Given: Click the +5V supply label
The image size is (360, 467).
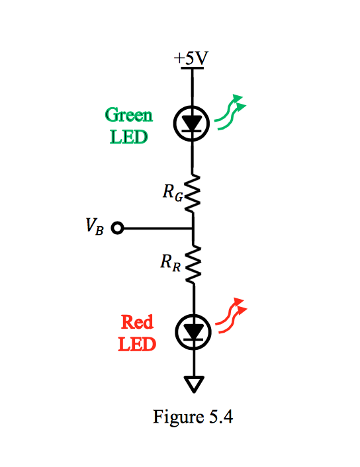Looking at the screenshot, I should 191,59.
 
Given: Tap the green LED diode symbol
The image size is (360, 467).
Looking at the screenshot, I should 193,123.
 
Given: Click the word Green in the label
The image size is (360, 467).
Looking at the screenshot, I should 129,116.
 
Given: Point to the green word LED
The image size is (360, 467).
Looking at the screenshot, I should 129,138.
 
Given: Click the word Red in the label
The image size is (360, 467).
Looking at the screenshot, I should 138,322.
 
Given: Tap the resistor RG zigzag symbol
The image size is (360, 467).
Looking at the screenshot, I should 193,194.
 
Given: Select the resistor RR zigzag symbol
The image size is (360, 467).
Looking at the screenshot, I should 193,264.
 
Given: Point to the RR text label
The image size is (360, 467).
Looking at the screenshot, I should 170,263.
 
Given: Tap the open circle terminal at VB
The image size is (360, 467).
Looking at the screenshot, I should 118,228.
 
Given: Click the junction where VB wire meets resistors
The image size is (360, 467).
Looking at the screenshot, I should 193,228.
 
